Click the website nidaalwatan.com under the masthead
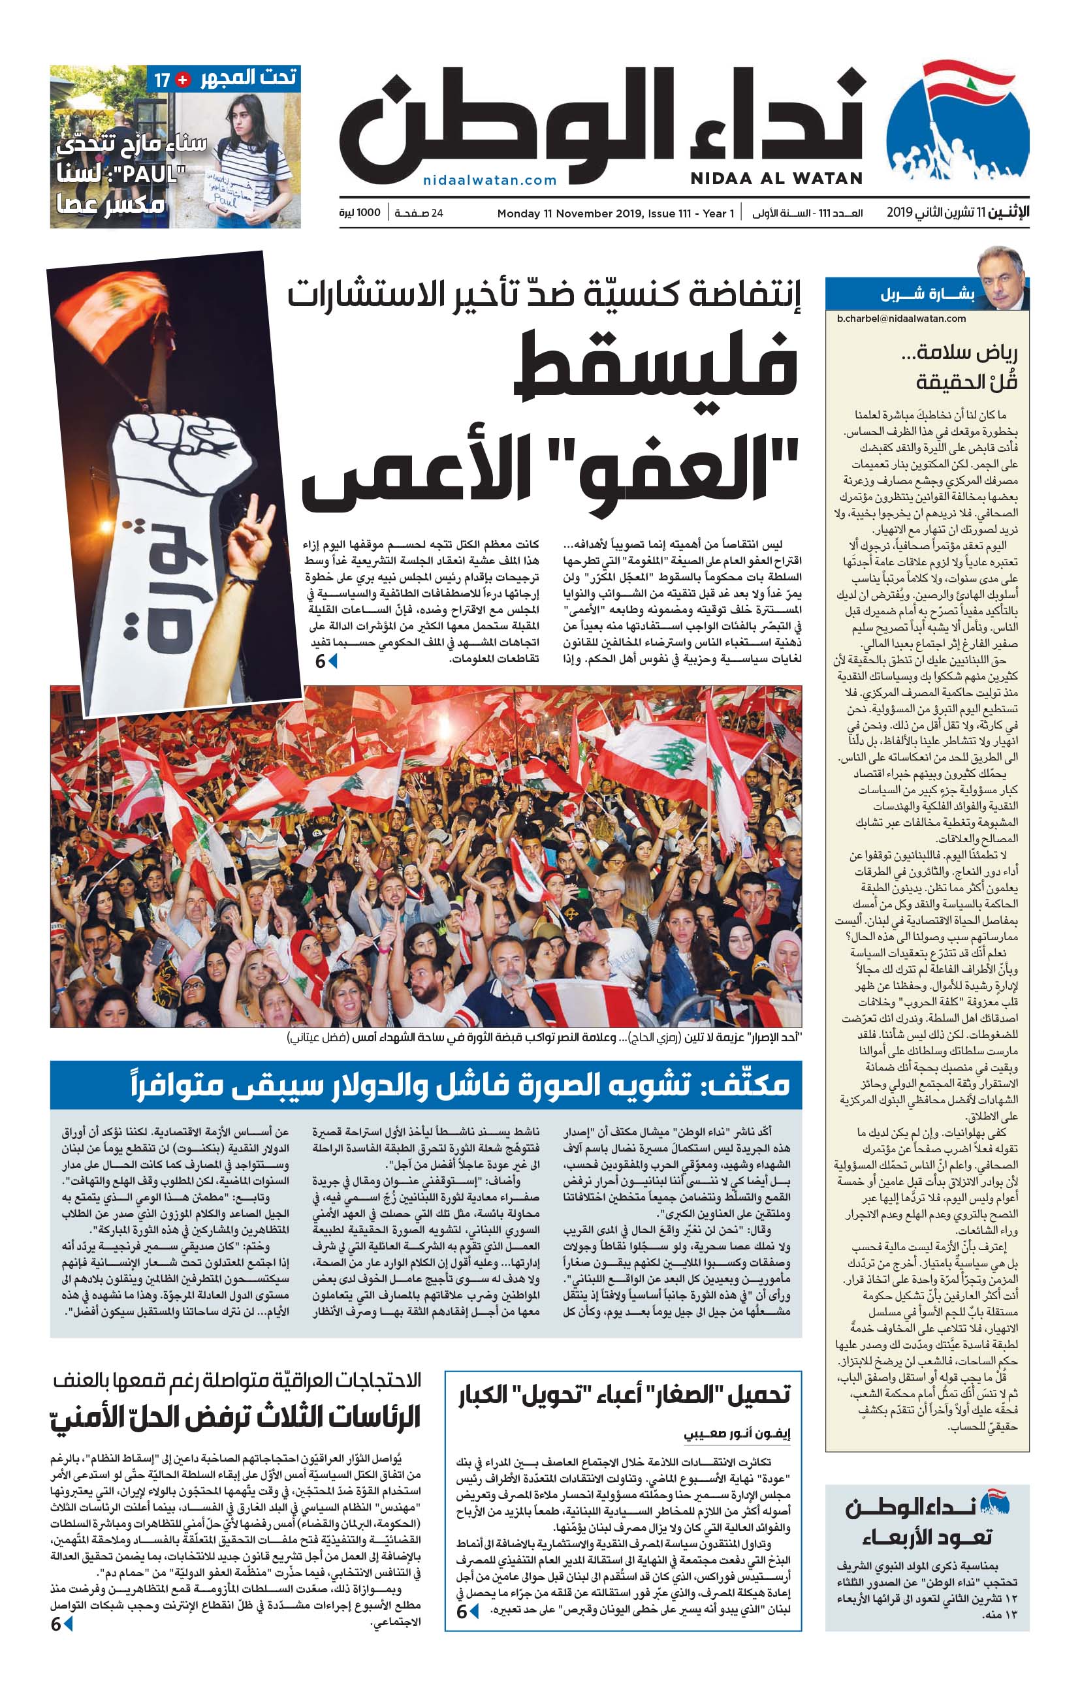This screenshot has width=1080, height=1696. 490,180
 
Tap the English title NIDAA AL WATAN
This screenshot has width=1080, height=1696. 776,178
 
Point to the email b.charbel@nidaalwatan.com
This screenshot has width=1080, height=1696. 901,319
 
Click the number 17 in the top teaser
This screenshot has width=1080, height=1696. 162,80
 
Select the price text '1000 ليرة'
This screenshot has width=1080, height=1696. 359,213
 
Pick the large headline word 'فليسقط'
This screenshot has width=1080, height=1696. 659,366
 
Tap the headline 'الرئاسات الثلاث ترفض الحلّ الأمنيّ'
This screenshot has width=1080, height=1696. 235,1417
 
